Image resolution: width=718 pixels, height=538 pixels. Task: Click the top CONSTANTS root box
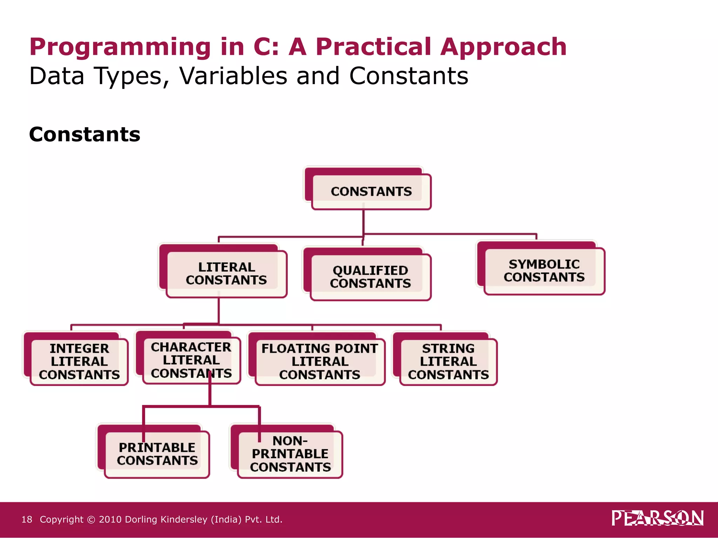pos(371,192)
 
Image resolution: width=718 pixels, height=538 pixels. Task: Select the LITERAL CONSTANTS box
pos(226,274)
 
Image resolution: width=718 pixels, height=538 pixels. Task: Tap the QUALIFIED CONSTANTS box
pos(370,277)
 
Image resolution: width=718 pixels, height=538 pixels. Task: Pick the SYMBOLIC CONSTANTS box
pos(544,270)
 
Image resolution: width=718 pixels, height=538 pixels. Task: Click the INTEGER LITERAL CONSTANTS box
pos(79,361)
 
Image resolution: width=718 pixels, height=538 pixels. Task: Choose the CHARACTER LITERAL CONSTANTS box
pos(191,360)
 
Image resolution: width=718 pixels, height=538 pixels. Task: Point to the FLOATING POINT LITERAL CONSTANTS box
pos(320,361)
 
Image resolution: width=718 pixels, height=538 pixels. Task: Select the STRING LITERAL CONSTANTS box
pos(448,361)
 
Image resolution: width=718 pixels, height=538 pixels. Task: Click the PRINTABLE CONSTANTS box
pos(157,454)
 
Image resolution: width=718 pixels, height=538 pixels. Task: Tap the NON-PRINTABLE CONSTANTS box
pos(290,454)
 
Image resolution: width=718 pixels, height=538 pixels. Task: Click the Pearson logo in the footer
pos(657,518)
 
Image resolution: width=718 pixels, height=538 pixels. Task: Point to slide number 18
pos(27,519)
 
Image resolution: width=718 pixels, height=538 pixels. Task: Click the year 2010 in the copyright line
pos(110,519)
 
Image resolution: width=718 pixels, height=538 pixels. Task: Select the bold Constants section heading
pos(84,134)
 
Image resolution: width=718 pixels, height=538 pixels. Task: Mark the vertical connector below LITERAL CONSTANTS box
pos(219,310)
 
